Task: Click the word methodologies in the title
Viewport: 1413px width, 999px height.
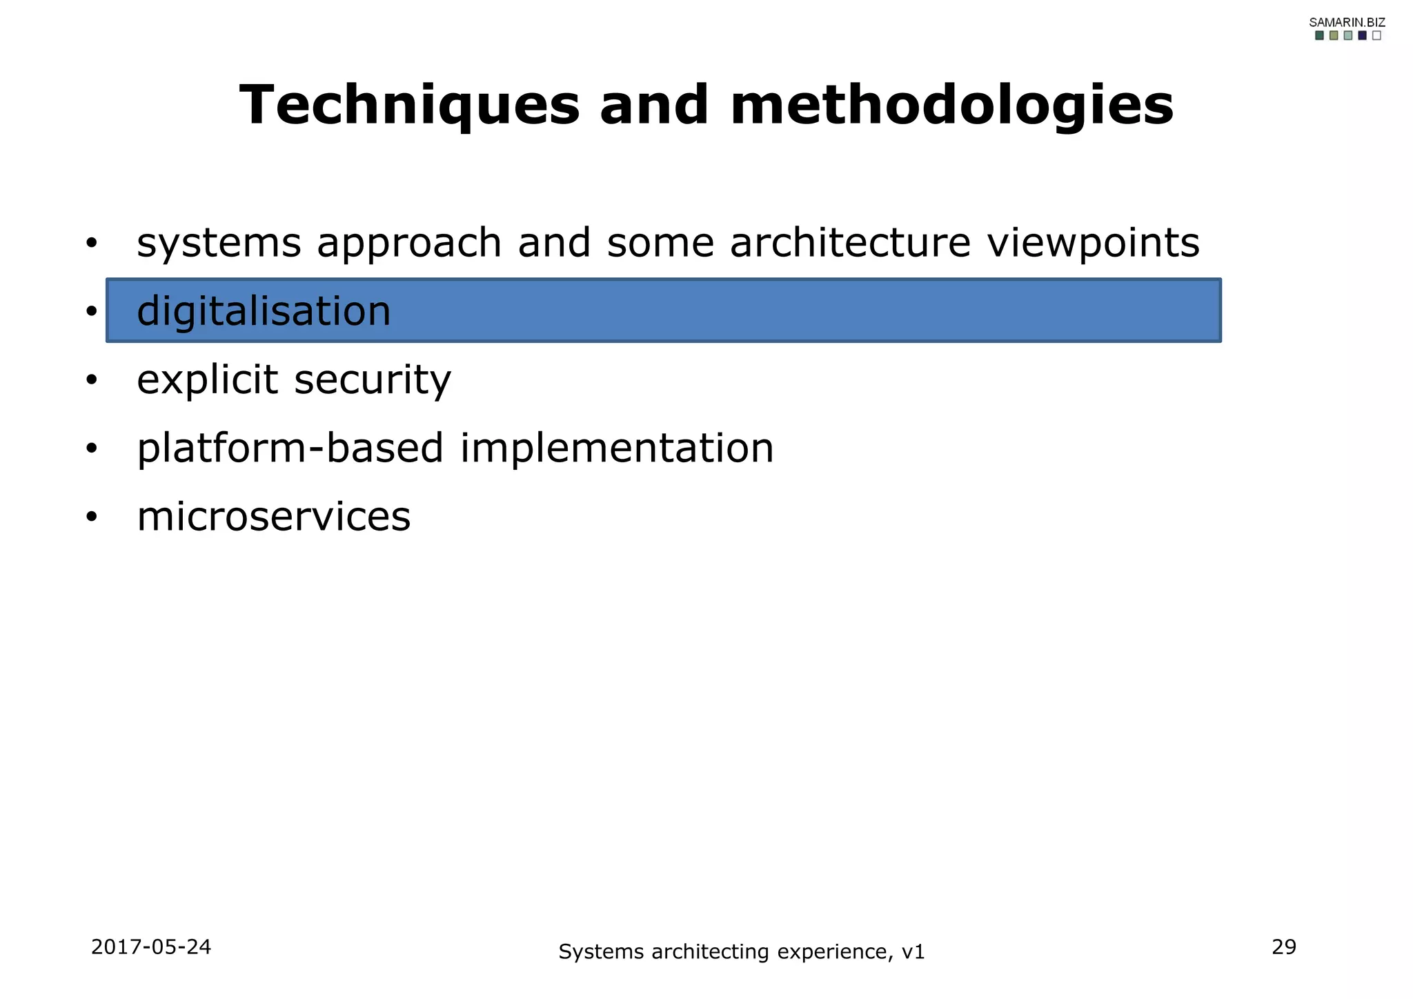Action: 951,105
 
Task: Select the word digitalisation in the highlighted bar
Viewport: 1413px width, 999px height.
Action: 264,311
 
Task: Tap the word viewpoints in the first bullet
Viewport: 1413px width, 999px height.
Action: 1093,244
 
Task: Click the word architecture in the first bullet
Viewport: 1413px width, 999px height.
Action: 850,244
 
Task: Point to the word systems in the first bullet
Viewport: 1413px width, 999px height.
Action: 219,244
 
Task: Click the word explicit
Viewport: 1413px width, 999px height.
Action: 207,380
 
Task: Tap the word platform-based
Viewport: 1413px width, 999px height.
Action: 290,448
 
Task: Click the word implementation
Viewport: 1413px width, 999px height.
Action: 617,448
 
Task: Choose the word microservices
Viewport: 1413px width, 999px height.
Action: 273,517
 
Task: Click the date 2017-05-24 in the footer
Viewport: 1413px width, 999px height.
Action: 151,947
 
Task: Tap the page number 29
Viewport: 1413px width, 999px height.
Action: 1283,947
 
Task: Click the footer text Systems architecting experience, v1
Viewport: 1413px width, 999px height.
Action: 741,952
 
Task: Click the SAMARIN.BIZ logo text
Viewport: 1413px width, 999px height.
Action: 1347,22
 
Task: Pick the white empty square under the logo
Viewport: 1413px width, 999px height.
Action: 1376,35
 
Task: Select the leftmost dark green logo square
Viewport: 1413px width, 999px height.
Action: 1319,35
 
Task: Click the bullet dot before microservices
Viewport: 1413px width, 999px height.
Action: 92,517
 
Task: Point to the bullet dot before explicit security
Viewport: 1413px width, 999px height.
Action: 92,380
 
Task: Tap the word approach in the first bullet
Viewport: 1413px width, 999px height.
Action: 409,245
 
